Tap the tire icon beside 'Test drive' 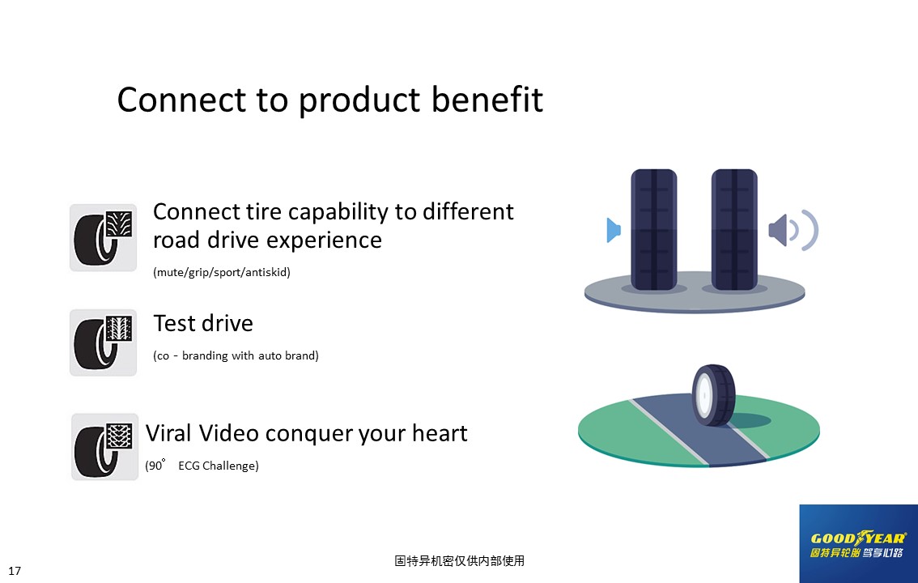tap(103, 343)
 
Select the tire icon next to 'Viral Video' tap(104, 447)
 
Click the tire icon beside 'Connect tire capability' tap(103, 237)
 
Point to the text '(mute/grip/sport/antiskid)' tap(221, 272)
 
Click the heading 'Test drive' tap(203, 323)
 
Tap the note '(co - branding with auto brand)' tap(236, 356)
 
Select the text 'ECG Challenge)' tap(219, 466)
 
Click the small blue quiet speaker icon tap(614, 230)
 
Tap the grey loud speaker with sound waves tap(793, 230)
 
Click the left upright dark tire tap(654, 229)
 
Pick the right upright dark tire tap(734, 229)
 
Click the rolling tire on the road tap(713, 394)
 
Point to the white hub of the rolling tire tap(703, 395)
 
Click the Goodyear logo tap(858, 544)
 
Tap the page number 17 tap(15, 571)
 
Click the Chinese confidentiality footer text tap(459, 561)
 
